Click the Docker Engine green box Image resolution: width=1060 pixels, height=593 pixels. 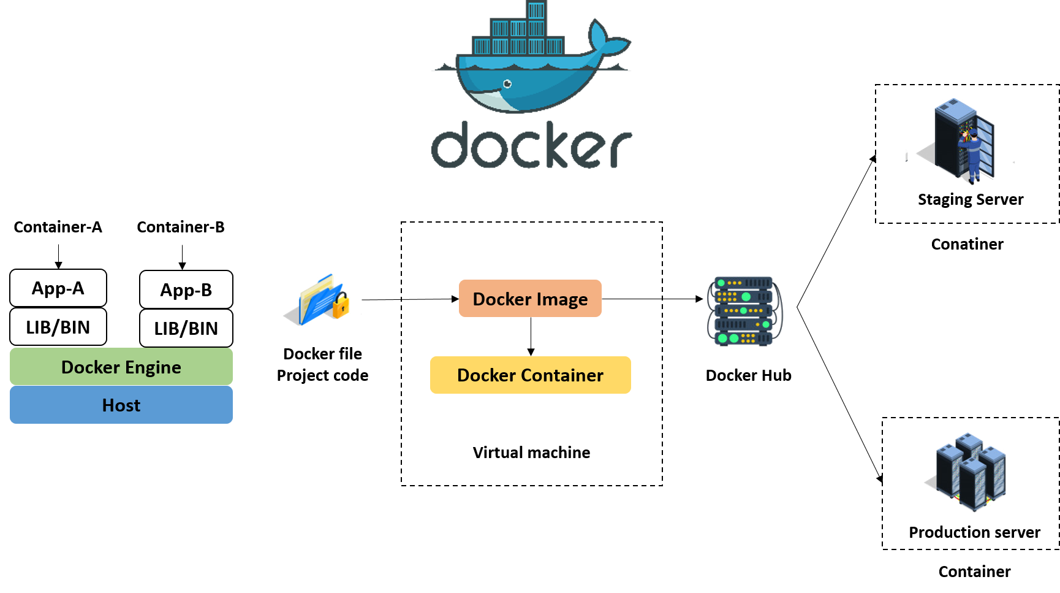pyautogui.click(x=121, y=366)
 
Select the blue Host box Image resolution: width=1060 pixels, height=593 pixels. pyautogui.click(x=121, y=405)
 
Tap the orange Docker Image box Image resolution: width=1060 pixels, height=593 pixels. pyautogui.click(x=530, y=299)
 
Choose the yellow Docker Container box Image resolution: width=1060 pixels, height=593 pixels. pyautogui.click(x=530, y=375)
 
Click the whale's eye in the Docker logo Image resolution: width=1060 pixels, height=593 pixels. pyautogui.click(x=507, y=84)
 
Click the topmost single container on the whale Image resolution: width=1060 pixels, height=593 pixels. pyautogui.click(x=536, y=10)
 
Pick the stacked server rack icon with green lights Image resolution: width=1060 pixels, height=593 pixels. pyautogui.click(x=744, y=312)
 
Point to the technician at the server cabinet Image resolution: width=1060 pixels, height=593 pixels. pyautogui.click(x=972, y=153)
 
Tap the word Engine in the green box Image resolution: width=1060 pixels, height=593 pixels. pyautogui.click(x=153, y=367)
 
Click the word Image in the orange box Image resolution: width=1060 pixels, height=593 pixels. pyautogui.click(x=562, y=299)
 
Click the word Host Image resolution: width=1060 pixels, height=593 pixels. pyautogui.click(x=121, y=405)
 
